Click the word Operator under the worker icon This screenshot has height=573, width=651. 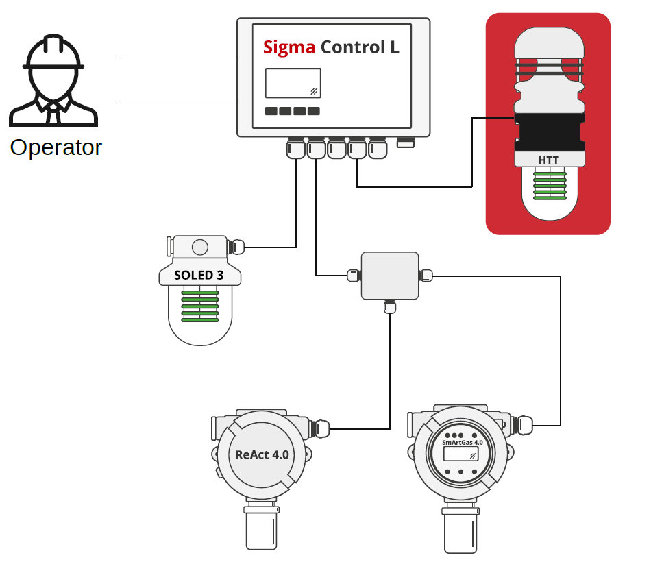point(56,147)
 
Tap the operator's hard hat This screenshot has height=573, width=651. point(53,55)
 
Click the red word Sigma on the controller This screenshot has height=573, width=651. point(289,47)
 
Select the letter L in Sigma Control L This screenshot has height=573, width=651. point(394,47)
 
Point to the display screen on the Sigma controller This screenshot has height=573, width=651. point(293,83)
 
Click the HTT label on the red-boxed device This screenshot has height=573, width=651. point(549,160)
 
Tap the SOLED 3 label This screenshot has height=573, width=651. point(199,276)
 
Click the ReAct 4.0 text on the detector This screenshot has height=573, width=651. point(262,454)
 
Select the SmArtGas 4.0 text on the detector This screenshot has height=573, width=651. point(463,443)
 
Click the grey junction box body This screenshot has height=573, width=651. point(390,275)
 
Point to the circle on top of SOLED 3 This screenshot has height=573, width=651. point(199,247)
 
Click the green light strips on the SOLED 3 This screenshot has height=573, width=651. point(199,306)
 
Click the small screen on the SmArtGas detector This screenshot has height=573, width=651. point(460,454)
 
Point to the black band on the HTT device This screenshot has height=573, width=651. point(550,134)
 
